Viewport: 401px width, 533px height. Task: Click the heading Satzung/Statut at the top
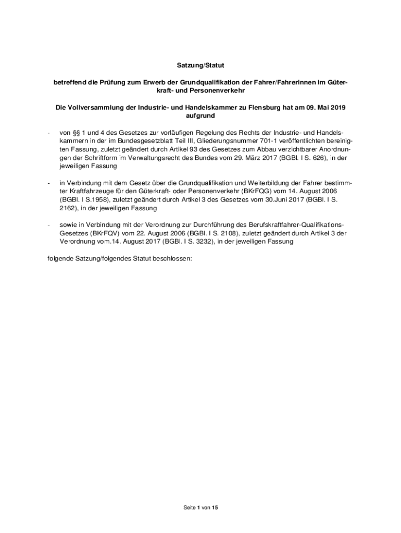click(x=200, y=66)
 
